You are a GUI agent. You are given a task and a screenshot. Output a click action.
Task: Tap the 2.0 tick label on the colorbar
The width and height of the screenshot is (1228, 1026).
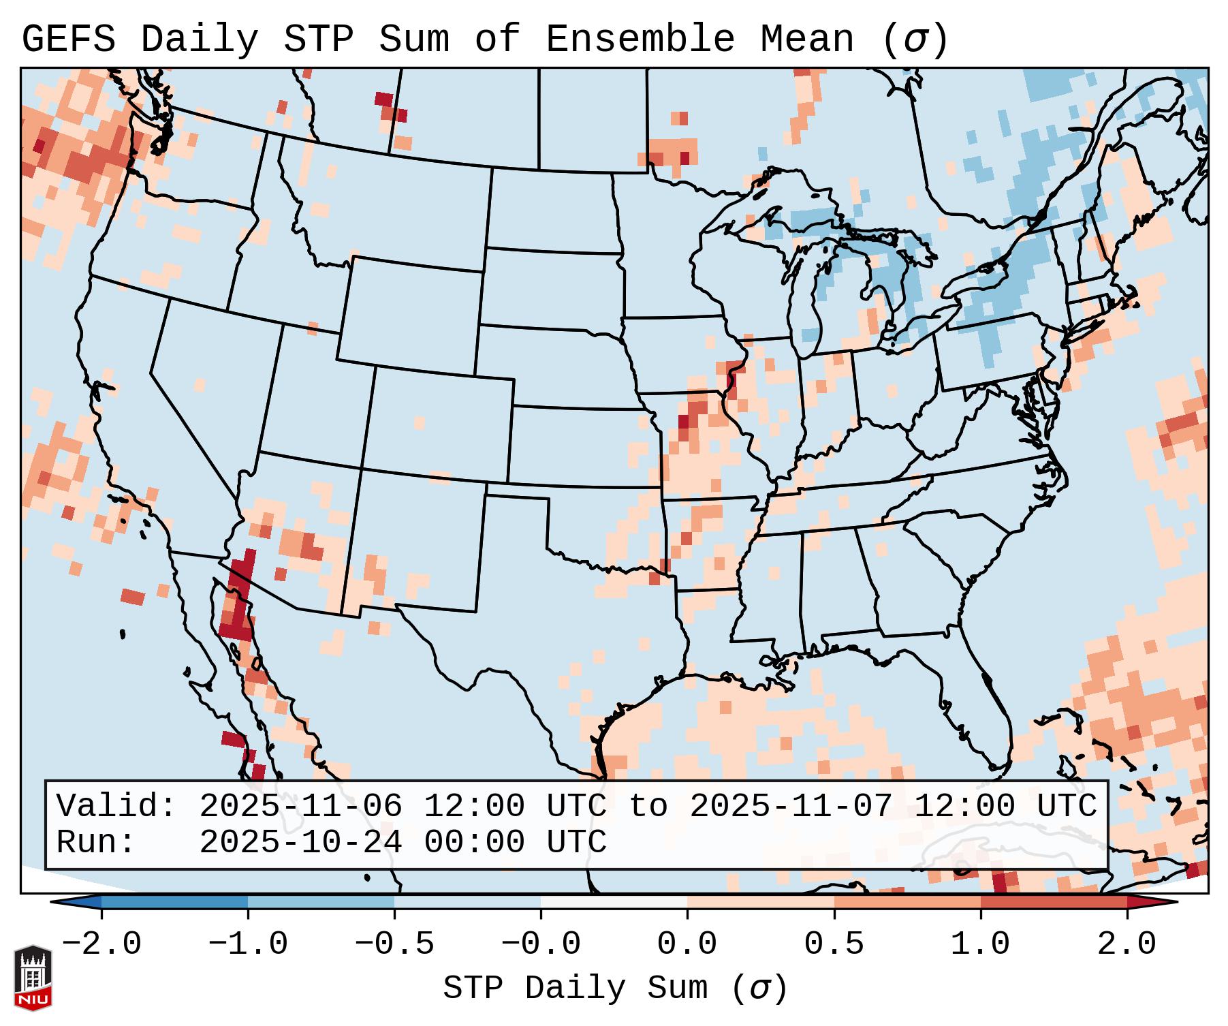(1127, 944)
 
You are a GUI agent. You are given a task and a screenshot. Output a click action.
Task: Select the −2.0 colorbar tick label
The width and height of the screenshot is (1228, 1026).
(101, 944)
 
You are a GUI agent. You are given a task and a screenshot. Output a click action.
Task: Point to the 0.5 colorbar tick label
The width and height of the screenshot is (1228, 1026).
(834, 944)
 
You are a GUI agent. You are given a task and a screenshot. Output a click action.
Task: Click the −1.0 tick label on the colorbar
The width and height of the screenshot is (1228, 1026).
(248, 944)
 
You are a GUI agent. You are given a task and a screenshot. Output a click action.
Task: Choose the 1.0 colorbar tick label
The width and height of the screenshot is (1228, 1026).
(980, 944)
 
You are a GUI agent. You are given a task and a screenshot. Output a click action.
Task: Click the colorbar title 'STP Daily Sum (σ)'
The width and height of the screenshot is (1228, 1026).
(615, 989)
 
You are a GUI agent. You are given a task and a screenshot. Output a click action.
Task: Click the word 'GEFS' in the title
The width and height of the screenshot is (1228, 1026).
(68, 40)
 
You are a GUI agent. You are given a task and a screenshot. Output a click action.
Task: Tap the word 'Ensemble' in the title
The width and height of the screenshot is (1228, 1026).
(640, 40)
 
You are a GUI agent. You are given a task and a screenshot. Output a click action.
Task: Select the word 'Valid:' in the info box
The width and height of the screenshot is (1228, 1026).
(116, 807)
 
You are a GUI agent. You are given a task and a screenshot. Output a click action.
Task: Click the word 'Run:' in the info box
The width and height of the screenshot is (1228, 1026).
(96, 843)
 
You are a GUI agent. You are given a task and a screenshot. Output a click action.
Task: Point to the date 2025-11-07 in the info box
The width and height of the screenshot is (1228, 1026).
(791, 807)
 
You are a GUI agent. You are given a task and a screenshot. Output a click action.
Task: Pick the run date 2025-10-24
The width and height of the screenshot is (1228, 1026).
(300, 843)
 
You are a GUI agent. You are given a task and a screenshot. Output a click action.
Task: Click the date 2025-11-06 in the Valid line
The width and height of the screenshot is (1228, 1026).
(300, 807)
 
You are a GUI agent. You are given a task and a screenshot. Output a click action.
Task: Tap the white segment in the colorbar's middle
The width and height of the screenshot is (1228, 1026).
(614, 903)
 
